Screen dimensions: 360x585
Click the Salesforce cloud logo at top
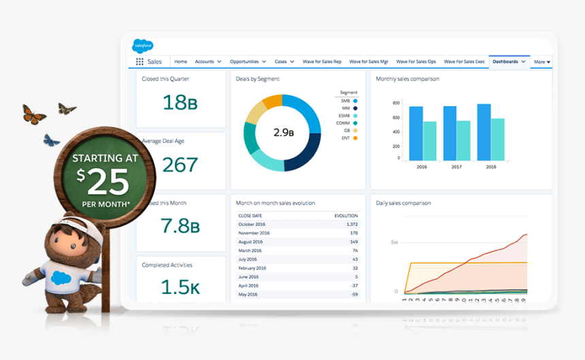coord(143,46)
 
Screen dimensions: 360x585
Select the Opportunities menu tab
coord(248,62)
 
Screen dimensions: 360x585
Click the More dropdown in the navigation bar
coord(542,62)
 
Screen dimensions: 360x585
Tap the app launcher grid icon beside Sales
coord(139,62)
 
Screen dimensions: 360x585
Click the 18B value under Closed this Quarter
coord(180,103)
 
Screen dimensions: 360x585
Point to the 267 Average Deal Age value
coord(180,165)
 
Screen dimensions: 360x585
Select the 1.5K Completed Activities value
coord(180,288)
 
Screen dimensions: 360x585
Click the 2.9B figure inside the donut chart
coord(283,132)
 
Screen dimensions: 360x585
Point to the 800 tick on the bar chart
coord(397,103)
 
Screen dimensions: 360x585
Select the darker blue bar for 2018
coord(484,132)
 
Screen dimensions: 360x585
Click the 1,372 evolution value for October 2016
coord(351,224)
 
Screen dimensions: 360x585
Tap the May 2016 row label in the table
coord(248,294)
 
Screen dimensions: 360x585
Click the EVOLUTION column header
coord(346,216)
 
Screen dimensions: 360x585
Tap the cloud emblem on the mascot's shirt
coord(61,277)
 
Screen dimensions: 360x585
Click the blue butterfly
coord(52,140)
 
